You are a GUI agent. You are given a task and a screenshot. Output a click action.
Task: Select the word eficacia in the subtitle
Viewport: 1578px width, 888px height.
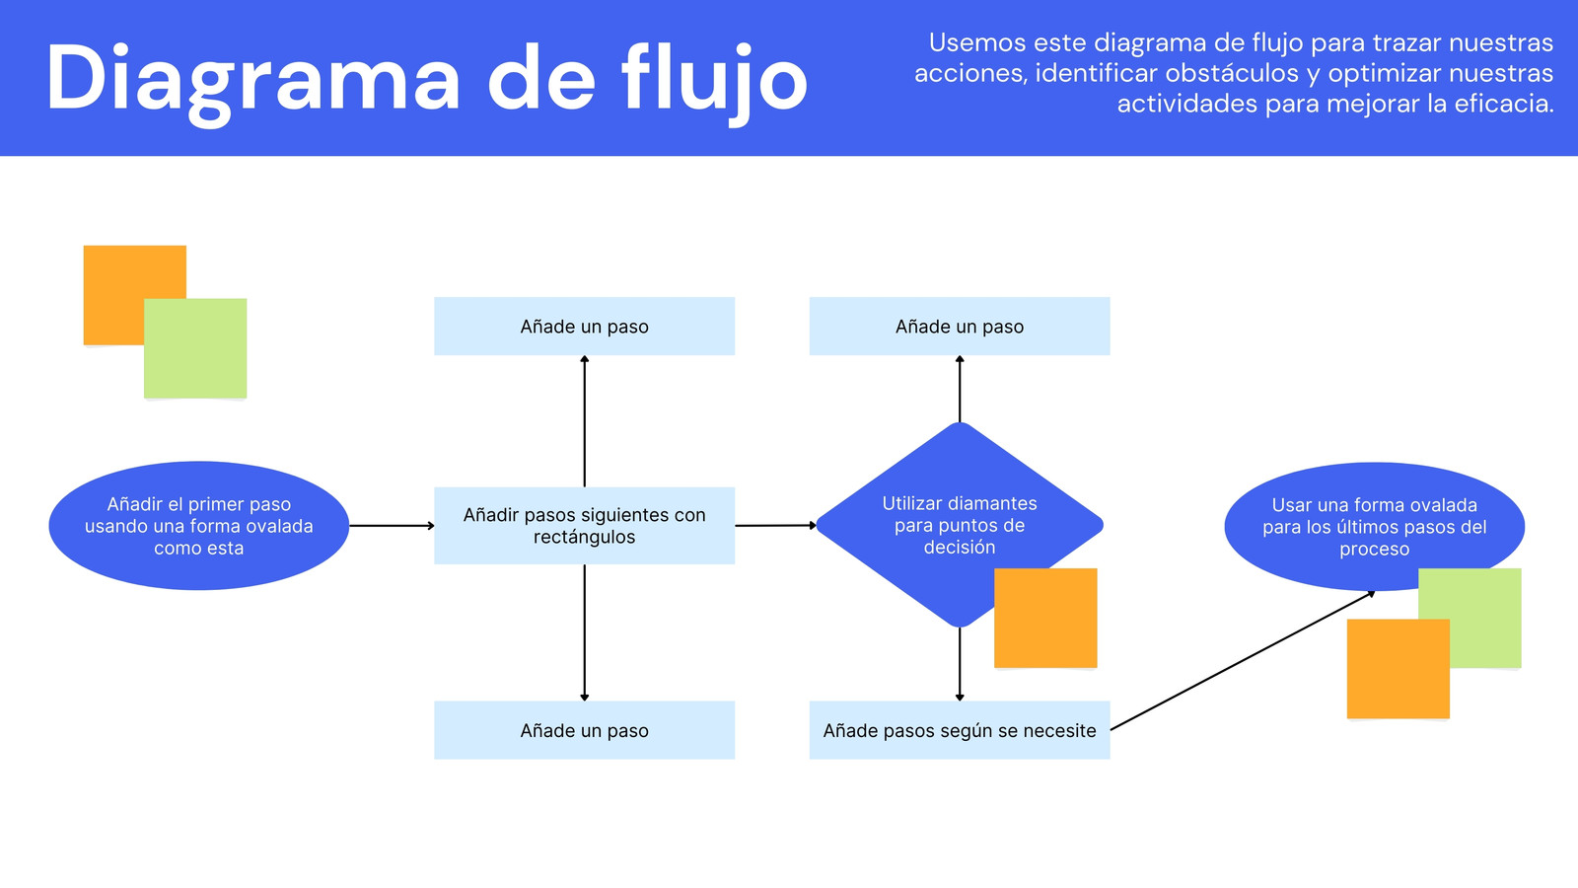click(x=1504, y=104)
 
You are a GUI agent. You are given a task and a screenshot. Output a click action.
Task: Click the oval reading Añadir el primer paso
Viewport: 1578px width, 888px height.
click(x=198, y=526)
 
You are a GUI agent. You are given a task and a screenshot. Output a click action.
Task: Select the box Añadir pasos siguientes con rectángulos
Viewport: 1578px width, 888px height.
click(x=584, y=526)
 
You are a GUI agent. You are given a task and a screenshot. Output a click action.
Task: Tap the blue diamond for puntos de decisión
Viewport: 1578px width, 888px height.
click(x=960, y=525)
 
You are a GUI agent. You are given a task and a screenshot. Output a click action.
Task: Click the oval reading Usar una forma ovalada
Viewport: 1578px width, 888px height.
click(x=1375, y=527)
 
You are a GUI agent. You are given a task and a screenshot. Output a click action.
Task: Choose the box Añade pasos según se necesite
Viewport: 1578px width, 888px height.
click(x=960, y=730)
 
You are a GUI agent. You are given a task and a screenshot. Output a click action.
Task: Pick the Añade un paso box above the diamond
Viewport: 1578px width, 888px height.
click(x=960, y=327)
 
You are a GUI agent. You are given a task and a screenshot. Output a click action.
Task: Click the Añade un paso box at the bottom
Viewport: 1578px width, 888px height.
click(x=584, y=730)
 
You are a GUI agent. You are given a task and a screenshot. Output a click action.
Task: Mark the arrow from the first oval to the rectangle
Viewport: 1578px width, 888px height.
click(x=392, y=526)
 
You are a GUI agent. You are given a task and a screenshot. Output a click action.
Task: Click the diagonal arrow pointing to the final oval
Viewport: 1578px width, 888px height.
click(x=1243, y=661)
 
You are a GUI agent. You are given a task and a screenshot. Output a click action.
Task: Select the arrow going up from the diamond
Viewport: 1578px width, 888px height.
click(x=960, y=389)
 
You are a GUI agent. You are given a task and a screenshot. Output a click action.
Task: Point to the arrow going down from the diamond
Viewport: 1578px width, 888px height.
click(x=960, y=664)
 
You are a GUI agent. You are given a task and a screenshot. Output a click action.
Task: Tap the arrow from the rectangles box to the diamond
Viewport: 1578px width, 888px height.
click(x=775, y=525)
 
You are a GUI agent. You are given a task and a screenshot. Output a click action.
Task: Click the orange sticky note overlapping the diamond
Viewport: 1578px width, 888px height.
click(x=1045, y=618)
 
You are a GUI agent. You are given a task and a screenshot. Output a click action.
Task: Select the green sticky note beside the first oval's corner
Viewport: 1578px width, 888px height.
click(x=195, y=349)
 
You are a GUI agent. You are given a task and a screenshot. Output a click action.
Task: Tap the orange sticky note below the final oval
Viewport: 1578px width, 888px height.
click(x=1399, y=669)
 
